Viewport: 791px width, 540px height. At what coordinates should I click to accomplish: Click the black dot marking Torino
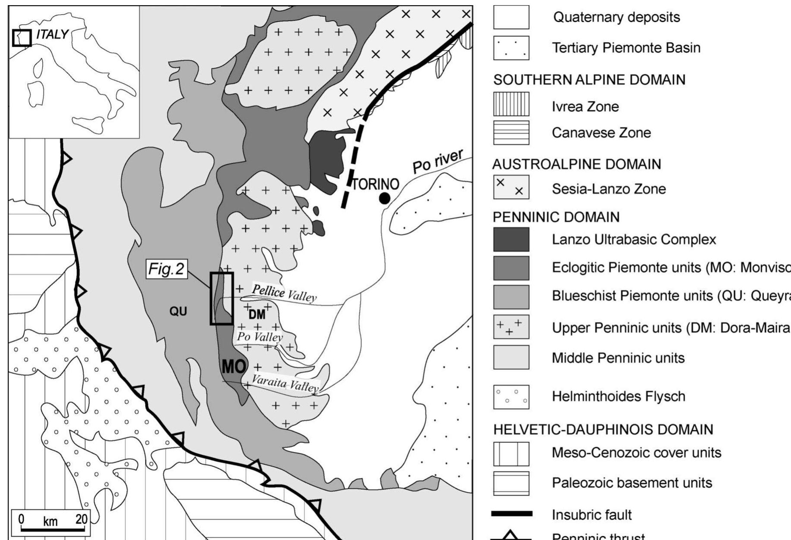point(384,198)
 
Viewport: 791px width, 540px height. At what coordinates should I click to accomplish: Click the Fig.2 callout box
point(166,269)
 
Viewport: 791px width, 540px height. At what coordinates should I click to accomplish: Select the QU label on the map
point(178,311)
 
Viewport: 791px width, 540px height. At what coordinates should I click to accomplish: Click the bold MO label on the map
point(234,367)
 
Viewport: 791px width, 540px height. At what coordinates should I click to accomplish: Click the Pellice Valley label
point(284,293)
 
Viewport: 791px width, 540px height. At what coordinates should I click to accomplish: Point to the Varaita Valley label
point(285,383)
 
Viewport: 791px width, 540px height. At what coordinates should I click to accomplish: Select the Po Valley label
point(260,337)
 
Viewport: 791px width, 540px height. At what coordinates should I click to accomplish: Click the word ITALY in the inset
point(52,34)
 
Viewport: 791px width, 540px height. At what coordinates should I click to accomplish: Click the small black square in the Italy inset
point(22,38)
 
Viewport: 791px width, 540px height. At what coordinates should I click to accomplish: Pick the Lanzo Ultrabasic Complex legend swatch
point(511,240)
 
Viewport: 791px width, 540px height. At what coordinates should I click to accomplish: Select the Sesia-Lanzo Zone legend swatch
point(511,187)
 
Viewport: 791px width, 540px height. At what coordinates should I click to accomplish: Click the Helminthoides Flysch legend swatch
point(511,396)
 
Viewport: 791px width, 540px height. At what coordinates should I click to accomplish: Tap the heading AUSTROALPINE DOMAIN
point(576,164)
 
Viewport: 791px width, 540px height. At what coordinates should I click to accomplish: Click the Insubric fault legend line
point(512,514)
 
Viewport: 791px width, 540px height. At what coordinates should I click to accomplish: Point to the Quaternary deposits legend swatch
point(511,17)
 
